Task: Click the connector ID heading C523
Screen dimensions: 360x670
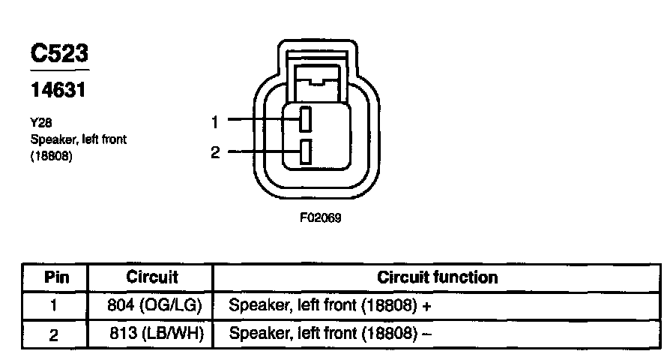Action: click(59, 53)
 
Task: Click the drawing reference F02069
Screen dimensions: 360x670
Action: click(321, 220)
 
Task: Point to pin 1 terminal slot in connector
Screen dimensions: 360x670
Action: click(306, 119)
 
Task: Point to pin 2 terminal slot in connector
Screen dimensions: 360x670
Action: click(306, 152)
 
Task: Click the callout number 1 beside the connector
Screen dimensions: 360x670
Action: click(214, 120)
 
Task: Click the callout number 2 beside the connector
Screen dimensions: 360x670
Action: click(215, 153)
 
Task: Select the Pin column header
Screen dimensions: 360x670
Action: click(57, 277)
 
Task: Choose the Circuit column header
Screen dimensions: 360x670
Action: click(152, 277)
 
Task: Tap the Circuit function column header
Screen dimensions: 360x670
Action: click(438, 277)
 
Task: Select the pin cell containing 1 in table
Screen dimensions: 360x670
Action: click(54, 306)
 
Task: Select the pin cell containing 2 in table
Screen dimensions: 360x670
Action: click(54, 334)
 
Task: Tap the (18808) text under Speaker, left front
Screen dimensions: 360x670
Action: click(51, 157)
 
